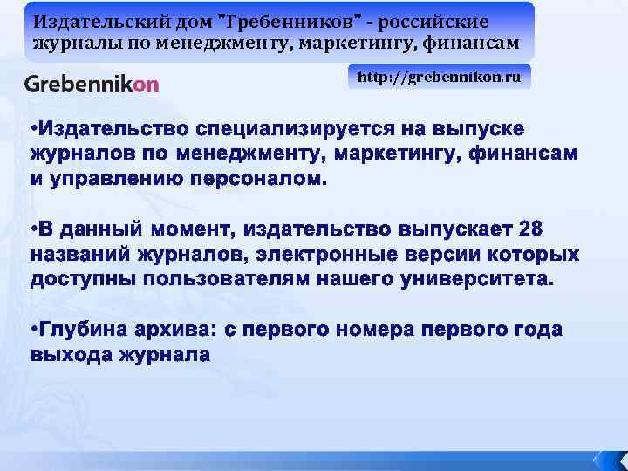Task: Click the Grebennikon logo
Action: pos(92,84)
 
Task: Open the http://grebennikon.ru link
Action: pos(439,77)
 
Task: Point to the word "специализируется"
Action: pos(297,130)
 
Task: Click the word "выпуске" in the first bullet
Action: pos(481,130)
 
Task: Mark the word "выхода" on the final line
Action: pos(68,355)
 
